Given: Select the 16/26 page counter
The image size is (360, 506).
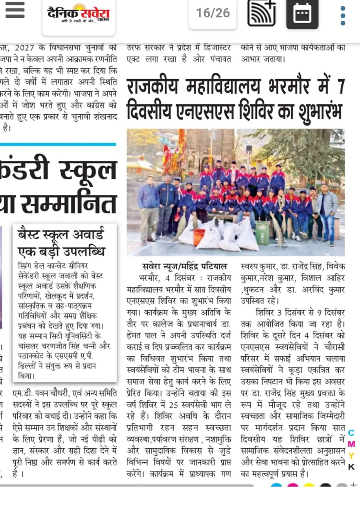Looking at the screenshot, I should (x=213, y=13).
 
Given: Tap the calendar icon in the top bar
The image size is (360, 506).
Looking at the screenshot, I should (x=302, y=15).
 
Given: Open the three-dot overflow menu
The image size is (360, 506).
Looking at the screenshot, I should (x=343, y=15).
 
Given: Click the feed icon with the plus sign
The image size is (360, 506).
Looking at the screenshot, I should (x=261, y=13).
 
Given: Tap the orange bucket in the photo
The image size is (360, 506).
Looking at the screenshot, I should (x=199, y=236).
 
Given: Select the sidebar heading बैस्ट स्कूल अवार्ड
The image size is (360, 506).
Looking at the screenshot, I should (x=61, y=235).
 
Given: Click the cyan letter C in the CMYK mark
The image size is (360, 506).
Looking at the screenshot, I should (x=351, y=434).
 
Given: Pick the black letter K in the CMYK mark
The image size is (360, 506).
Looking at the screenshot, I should (x=351, y=467).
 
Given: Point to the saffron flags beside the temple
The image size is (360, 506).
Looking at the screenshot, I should (x=177, y=152).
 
